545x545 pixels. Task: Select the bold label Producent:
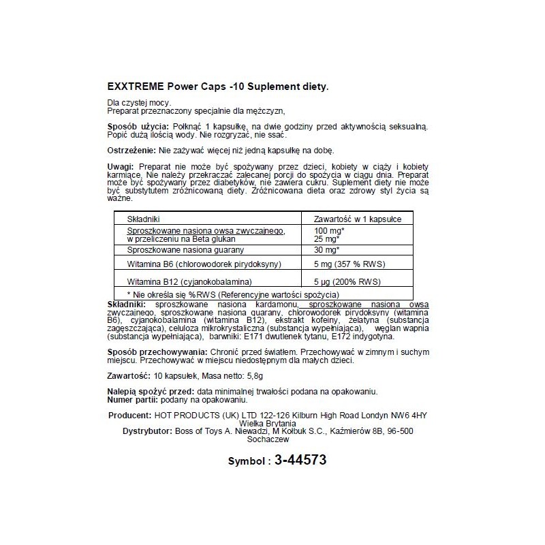point(129,415)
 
